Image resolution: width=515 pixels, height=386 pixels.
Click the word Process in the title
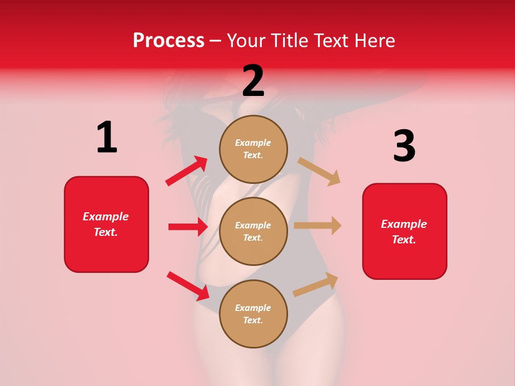point(168,40)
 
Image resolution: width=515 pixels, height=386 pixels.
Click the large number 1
point(107,137)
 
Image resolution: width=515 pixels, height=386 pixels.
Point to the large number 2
point(253,80)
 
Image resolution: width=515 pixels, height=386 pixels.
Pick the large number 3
point(404,146)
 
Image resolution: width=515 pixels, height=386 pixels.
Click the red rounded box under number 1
point(106,224)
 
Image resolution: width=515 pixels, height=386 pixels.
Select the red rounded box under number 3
point(404,232)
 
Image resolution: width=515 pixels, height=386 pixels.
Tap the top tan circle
point(253,149)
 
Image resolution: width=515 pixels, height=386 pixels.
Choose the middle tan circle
point(253,231)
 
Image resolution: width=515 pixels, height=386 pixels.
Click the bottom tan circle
point(253,314)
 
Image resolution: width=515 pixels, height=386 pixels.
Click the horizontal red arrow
point(188,227)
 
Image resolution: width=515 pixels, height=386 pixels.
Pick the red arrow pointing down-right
point(188,286)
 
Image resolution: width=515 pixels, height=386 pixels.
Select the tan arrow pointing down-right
point(319,171)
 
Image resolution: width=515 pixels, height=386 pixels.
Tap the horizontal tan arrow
point(318,225)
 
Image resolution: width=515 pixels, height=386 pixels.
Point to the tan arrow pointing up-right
point(315,285)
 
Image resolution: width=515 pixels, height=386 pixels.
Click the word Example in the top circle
point(253,143)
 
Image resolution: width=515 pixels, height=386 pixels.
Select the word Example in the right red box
point(404,224)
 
